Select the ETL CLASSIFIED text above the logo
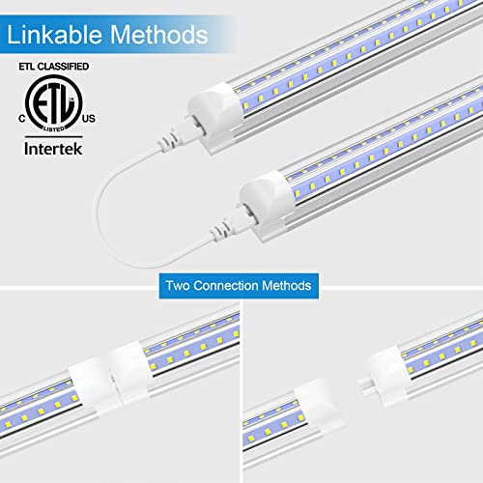[49, 67]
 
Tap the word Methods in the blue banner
[288, 286]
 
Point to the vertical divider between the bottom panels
[241, 386]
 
